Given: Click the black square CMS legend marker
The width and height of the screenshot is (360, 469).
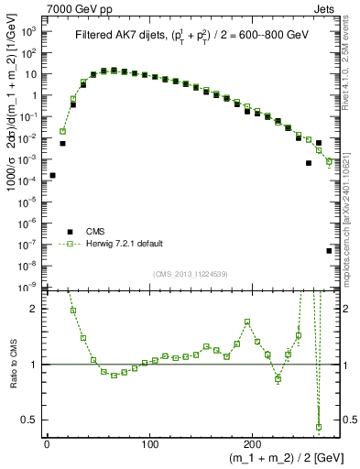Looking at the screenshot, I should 67,232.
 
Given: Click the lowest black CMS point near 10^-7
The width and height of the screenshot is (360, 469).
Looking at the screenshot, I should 329,250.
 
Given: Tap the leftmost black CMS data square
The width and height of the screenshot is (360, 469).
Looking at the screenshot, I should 52,175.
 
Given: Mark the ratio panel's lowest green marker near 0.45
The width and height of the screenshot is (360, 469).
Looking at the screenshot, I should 319,427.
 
